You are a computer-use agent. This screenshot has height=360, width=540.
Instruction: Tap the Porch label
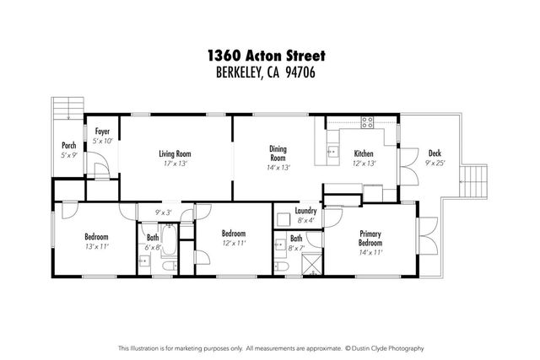point(68,145)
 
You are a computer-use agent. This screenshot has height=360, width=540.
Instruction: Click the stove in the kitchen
point(369,121)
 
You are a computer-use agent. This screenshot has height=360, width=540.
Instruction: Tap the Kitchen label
point(364,153)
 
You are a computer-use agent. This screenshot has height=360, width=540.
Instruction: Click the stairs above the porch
point(65,110)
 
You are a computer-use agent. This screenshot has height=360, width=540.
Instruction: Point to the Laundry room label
point(305,212)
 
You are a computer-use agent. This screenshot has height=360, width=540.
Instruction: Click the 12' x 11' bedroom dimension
point(233,244)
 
